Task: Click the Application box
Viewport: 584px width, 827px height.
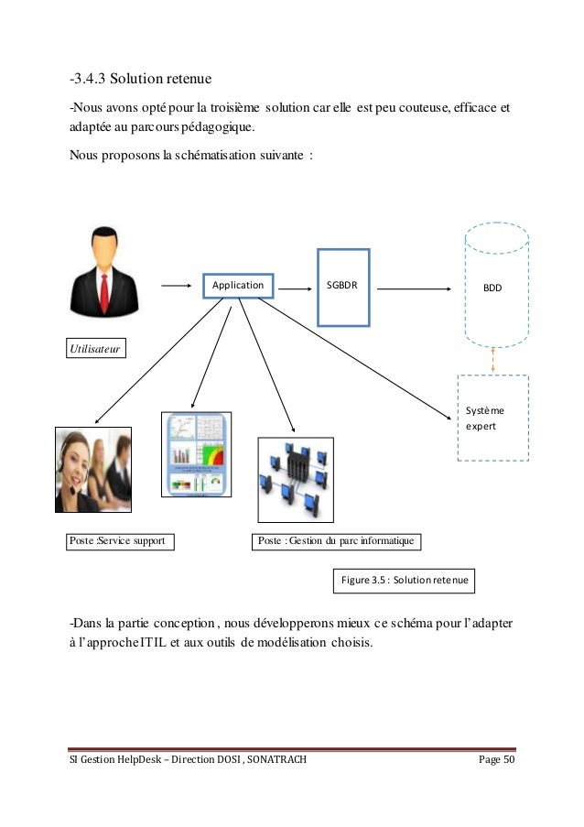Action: click(238, 286)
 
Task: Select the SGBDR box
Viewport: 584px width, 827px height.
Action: click(343, 287)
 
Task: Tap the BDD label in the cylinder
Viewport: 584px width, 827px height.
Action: click(492, 288)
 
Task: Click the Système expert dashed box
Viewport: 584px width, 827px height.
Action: click(492, 418)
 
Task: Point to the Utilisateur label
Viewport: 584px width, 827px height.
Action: click(96, 349)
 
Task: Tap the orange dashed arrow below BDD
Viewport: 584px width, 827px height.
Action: click(492, 360)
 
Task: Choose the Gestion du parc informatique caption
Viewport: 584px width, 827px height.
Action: click(335, 541)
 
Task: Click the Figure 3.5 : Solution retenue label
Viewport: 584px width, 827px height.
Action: click(405, 581)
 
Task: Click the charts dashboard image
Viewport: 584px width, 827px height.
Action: click(196, 454)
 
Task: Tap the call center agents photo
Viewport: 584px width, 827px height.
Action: click(93, 469)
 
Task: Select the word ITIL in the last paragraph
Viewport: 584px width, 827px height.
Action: click(151, 642)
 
